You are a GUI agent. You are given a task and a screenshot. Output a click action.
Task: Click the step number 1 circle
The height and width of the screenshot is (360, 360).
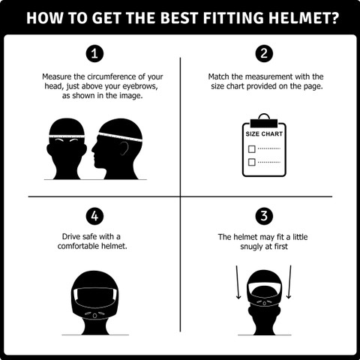point(94,53)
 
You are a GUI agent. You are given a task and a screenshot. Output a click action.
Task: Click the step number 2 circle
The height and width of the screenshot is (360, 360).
point(264,53)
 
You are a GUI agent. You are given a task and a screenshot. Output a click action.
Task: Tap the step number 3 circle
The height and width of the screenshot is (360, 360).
point(264,216)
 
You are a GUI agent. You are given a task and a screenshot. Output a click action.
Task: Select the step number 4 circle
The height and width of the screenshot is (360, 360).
point(94,216)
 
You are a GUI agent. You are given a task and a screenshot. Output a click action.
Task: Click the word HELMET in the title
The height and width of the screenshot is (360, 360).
point(304,18)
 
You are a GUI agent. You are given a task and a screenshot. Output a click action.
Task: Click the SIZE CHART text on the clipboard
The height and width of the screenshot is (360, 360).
point(264,134)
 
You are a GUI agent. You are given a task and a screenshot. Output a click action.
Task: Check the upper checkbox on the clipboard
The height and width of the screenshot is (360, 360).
point(251,149)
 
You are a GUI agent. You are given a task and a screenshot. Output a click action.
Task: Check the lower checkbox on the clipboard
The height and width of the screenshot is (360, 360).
point(251,162)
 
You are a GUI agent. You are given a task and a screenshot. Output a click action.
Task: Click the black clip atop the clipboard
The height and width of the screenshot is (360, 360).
point(264,123)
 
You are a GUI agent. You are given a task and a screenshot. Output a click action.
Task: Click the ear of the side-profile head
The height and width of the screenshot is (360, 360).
point(124,148)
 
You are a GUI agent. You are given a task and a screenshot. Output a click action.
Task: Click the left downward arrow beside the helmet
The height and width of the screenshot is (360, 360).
point(238,282)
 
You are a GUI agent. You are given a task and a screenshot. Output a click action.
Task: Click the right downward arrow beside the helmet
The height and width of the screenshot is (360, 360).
point(289,282)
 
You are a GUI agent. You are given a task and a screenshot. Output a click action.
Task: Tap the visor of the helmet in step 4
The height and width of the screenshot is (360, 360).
point(94,297)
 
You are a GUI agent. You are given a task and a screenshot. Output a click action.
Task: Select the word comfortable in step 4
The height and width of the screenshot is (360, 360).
point(78,246)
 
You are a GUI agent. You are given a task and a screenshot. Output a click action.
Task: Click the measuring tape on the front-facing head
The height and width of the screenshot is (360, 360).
point(67,136)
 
